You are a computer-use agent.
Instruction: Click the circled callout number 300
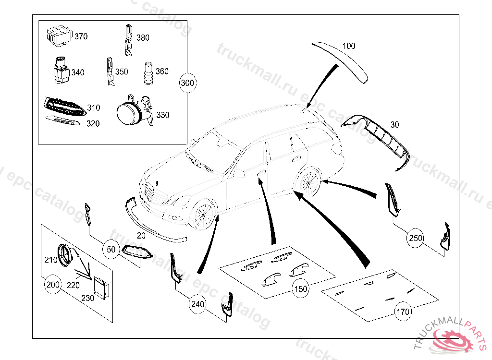pos(187,83)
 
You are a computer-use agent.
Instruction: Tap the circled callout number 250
pos(416,237)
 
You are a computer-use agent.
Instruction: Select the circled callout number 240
pos(197,304)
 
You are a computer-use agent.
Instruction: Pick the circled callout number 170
pos(403,312)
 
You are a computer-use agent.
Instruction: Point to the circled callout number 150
pos(301,289)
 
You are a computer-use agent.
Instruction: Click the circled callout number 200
pos(53,285)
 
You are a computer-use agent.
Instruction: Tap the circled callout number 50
pos(111,249)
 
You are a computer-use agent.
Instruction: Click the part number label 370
pos(81,36)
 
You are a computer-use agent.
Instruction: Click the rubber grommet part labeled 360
pos(148,73)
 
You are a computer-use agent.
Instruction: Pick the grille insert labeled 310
pos(62,106)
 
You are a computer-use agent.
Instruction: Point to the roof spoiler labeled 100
pos(341,60)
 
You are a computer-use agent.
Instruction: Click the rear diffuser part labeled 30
pos(380,137)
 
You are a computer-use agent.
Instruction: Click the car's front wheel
pos(203,214)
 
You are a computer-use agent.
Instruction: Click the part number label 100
pos(349,46)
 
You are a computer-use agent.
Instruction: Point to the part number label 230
pos(87,298)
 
